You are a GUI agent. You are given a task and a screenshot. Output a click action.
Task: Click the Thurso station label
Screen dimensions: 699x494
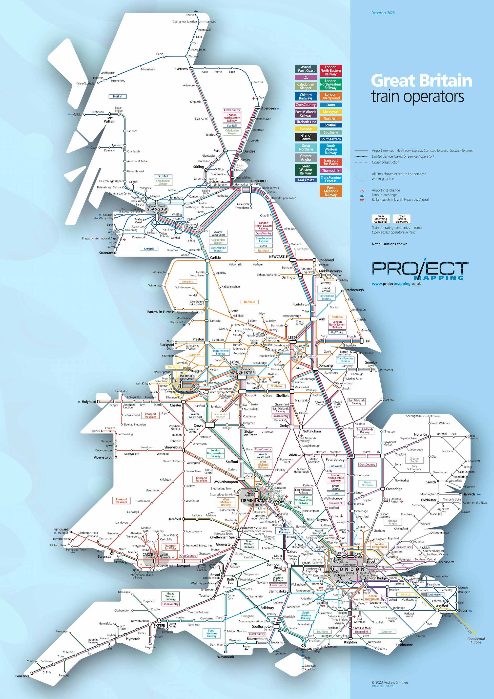pyautogui.click(x=190, y=15)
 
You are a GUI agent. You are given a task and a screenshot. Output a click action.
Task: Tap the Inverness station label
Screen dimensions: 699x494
pyautogui.click(x=181, y=69)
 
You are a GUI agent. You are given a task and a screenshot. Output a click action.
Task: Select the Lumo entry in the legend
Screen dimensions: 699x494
pyautogui.click(x=330, y=105)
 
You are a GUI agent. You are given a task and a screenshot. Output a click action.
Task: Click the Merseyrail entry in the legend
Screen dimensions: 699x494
pyautogui.click(x=330, y=112)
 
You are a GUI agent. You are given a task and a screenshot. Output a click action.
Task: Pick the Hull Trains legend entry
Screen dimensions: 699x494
pyautogui.click(x=306, y=180)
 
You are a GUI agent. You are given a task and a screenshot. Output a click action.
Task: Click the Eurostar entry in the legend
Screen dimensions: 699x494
pyautogui.click(x=306, y=129)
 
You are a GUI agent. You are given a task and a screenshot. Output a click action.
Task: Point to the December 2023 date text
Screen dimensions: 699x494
pyautogui.click(x=383, y=13)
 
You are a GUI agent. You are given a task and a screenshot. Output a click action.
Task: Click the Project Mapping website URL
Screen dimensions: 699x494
pyautogui.click(x=396, y=283)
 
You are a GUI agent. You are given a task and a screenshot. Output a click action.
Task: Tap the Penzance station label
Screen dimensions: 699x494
pyautogui.click(x=22, y=676)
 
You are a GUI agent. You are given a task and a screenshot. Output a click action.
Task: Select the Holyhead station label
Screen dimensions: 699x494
pyautogui.click(x=89, y=402)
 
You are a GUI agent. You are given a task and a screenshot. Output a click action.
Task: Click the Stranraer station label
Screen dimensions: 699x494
pyautogui.click(x=106, y=253)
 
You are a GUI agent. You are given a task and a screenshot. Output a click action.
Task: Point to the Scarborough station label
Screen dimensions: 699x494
pyautogui.click(x=354, y=290)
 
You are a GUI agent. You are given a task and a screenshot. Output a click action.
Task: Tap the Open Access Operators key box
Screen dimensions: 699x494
pyautogui.click(x=402, y=219)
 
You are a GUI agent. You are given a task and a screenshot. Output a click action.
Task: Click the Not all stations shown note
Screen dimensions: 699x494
pyautogui.click(x=389, y=244)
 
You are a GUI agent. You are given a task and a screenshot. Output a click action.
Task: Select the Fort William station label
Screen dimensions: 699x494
pyautogui.click(x=110, y=120)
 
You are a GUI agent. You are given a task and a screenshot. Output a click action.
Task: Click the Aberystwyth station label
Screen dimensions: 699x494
pyautogui.click(x=103, y=457)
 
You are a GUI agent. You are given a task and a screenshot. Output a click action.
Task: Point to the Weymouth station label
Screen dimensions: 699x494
pyautogui.click(x=225, y=657)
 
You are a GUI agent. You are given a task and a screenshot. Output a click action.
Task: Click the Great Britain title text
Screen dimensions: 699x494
pyautogui.click(x=421, y=81)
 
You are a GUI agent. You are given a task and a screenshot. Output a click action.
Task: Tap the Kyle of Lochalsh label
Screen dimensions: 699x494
pyautogui.click(x=85, y=84)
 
